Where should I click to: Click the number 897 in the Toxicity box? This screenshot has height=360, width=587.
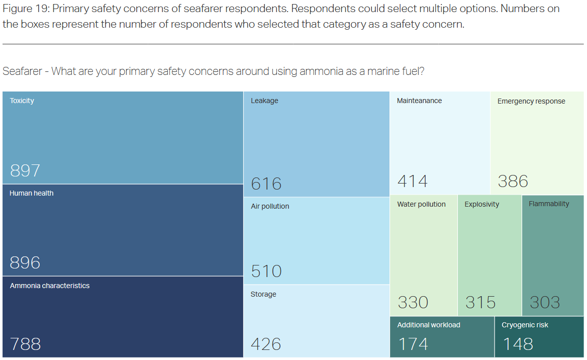25,171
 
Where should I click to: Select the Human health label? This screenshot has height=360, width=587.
32,193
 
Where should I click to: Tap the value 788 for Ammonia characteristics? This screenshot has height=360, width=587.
25,344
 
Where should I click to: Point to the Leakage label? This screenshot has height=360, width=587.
264,101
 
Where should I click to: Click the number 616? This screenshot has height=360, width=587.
266,184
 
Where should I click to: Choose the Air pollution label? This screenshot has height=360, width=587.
270,206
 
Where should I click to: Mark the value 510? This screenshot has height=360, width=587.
266,272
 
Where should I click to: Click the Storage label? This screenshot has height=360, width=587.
263,294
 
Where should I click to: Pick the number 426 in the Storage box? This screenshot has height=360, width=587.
266,344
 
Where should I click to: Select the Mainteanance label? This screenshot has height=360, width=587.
419,101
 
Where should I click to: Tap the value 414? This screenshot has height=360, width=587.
412,181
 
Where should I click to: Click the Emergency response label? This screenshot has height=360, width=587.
531,101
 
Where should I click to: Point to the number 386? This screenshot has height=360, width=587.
513,181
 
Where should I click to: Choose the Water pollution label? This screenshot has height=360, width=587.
421,204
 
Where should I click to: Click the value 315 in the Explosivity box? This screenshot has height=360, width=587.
480,302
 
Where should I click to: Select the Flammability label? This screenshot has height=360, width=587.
549,204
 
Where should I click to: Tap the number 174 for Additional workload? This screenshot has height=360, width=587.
413,344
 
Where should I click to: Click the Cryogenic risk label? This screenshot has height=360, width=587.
525,325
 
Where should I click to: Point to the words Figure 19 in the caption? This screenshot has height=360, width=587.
25,9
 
